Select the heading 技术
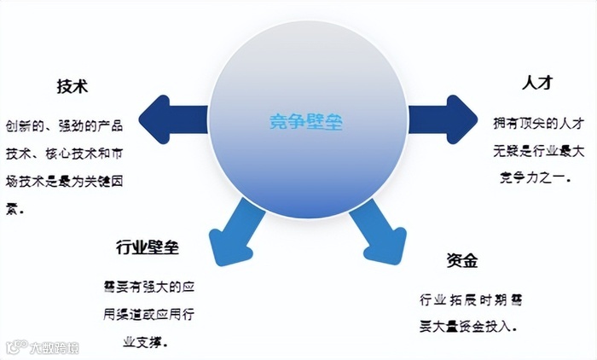tap(72, 87)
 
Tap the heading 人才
tap(537, 84)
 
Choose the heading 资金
tap(461, 261)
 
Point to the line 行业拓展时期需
tap(472, 299)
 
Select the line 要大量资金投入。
tap(470, 326)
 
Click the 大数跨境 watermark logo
tap(43, 347)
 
